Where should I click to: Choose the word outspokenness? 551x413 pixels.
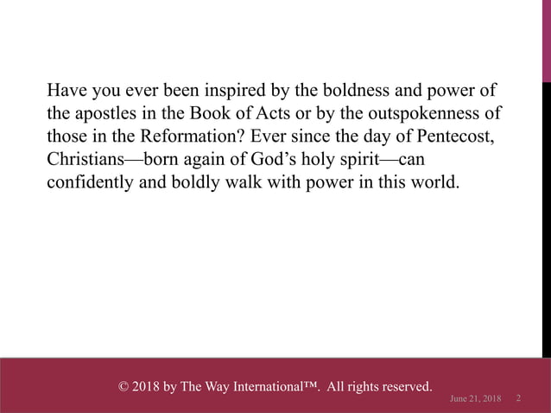click(427, 114)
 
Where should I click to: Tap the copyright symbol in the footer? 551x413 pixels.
click(123, 385)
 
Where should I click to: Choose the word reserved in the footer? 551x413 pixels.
click(403, 385)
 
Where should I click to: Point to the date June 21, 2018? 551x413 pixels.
click(476, 397)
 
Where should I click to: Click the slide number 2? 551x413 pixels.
click(518, 397)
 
